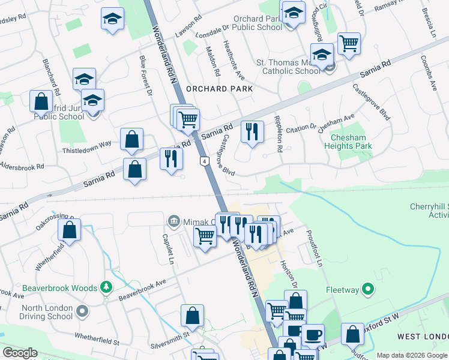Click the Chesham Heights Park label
click(348, 142)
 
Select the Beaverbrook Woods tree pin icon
click(106, 287)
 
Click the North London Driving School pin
click(82, 312)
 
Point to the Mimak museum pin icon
click(173, 221)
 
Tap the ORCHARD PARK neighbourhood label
click(219, 88)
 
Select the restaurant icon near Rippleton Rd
click(252, 131)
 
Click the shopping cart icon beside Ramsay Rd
click(348, 43)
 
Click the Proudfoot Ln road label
click(315, 248)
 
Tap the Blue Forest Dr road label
click(146, 74)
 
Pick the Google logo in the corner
click(20, 353)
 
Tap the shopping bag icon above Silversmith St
click(192, 315)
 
